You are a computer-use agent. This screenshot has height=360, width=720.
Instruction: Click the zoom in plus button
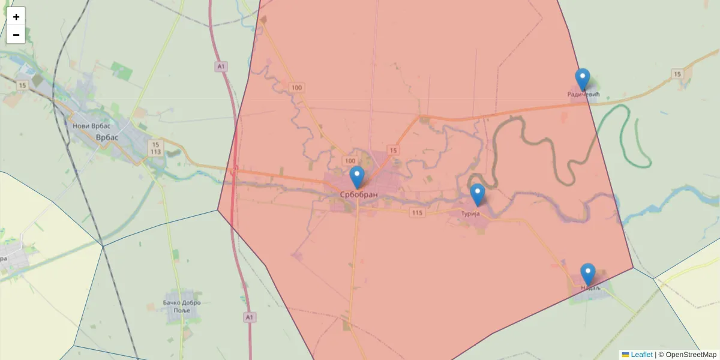(x=16, y=17)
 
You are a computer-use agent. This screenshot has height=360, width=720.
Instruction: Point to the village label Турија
(x=471, y=214)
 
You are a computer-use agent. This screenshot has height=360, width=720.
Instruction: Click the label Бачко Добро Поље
(x=181, y=306)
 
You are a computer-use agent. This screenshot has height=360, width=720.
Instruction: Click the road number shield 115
(x=417, y=213)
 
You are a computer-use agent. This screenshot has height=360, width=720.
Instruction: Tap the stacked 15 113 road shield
(x=156, y=148)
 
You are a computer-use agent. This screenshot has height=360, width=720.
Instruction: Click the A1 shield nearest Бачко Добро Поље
(x=250, y=316)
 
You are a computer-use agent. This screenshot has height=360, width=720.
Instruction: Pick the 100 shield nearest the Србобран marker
(x=350, y=161)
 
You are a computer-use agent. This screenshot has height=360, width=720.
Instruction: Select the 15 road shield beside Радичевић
(x=677, y=74)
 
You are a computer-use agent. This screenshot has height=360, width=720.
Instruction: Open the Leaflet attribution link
(x=641, y=355)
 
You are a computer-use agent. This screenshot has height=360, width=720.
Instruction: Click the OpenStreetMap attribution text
(x=691, y=355)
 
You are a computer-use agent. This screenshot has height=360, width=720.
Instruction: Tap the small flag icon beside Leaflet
(x=625, y=355)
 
